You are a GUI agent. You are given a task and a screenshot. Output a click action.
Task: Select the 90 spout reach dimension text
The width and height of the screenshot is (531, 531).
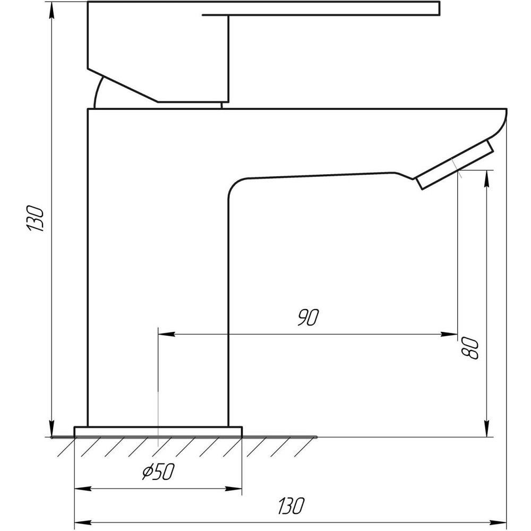coord(307,318)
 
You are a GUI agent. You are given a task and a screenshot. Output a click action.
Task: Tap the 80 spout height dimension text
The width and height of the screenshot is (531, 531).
coord(472,348)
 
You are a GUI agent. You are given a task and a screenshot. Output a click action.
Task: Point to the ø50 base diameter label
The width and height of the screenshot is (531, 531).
coord(159,470)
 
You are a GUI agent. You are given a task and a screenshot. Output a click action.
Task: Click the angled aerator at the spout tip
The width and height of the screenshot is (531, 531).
coord(455,165)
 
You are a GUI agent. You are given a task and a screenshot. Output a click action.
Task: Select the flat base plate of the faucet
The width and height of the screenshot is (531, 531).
coord(158,431)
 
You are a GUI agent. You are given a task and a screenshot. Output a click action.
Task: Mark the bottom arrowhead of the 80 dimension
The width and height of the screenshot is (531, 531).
coord(486,431)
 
